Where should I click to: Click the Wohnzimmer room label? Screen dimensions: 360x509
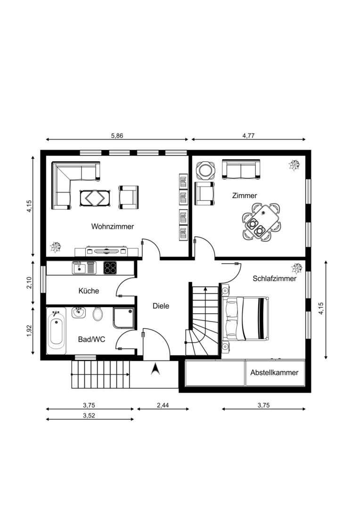(x=112, y=226)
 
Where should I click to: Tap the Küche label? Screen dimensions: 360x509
(x=89, y=290)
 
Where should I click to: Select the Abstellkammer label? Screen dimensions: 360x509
(x=274, y=372)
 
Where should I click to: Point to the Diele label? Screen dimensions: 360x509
(x=161, y=306)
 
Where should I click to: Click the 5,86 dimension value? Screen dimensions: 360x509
(x=117, y=136)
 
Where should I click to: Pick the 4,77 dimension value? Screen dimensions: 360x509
(x=248, y=136)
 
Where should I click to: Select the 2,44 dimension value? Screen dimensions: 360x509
(x=163, y=405)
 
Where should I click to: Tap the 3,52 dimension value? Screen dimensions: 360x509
(x=89, y=415)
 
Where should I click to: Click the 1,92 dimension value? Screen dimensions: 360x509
(x=30, y=330)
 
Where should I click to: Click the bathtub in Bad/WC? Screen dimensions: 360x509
(x=56, y=331)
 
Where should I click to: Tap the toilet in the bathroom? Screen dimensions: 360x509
(x=98, y=314)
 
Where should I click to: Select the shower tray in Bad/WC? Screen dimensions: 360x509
(x=123, y=318)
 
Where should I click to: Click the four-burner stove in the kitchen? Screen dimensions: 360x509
(x=110, y=268)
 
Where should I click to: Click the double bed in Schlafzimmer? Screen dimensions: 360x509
(x=246, y=319)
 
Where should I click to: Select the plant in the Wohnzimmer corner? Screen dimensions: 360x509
(x=56, y=247)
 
